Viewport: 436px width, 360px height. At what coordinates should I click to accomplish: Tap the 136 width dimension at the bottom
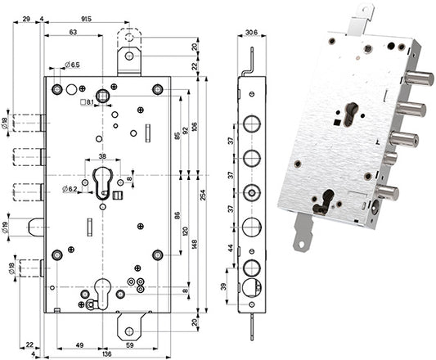point(107,354)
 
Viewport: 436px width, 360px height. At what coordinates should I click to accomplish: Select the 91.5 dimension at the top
point(86,19)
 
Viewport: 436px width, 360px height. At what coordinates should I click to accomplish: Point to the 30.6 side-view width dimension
point(252,33)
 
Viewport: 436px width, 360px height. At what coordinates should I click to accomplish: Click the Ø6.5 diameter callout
point(72,65)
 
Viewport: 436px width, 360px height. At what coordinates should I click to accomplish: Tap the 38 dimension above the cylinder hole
point(102,156)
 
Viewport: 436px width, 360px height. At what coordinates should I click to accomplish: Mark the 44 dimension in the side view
point(231,248)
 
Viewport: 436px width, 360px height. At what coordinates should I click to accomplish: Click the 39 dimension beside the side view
point(224,286)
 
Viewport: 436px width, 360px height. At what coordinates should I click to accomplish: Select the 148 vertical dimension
point(195,245)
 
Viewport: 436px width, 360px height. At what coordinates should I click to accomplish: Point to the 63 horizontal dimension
point(73,32)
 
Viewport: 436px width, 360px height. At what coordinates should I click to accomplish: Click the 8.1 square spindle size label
point(87,102)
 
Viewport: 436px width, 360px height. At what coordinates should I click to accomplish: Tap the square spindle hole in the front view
point(102,97)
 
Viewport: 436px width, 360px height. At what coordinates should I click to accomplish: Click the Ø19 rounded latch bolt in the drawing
point(36,227)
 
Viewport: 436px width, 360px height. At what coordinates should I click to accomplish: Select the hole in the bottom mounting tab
point(129,331)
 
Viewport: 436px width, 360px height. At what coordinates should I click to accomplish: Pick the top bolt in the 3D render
point(420,79)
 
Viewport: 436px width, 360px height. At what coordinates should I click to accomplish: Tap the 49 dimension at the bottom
point(79,345)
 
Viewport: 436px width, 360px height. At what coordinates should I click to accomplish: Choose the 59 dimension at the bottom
point(129,345)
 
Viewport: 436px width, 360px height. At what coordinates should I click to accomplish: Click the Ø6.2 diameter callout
point(70,190)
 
